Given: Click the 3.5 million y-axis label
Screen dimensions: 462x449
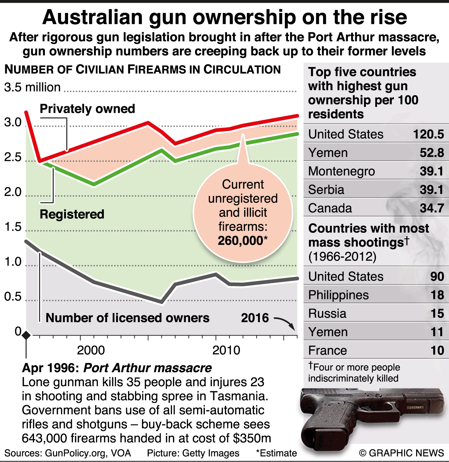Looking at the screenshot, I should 32,87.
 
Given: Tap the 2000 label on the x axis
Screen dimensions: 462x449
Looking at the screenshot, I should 91,350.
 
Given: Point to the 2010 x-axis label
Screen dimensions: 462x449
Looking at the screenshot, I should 227,350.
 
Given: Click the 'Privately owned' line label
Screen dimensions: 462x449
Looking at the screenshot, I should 87,109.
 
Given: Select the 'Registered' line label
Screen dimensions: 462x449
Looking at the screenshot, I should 72,214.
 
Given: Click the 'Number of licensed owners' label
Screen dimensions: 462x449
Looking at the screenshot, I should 127,318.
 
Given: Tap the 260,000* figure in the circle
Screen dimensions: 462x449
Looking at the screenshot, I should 242,241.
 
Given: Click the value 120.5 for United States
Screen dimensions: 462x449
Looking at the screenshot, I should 428,134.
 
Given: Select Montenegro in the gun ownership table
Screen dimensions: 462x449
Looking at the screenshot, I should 341,171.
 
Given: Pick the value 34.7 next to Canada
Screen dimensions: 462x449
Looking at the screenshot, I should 432,208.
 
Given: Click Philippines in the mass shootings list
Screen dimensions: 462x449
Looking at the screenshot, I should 339,295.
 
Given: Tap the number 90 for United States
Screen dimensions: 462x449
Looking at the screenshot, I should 437,277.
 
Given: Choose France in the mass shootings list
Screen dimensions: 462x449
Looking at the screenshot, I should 328,351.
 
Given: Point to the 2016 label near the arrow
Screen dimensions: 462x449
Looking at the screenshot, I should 255,318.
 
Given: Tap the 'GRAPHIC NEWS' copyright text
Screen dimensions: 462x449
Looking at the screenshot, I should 406,453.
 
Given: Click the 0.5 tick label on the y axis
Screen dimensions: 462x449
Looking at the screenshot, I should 13,297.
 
